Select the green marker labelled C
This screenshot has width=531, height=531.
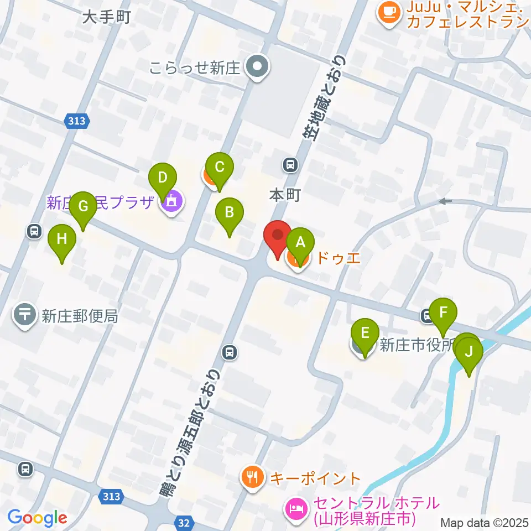(x=220, y=166)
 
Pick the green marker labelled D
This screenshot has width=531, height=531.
(x=162, y=179)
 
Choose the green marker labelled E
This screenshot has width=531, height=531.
(x=365, y=334)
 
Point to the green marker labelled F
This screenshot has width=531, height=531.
(x=442, y=313)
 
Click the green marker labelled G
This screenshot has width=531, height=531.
(x=84, y=207)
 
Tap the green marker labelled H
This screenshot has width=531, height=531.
(x=62, y=240)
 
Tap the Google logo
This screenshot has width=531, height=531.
(x=37, y=518)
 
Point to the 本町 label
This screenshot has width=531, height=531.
(x=285, y=195)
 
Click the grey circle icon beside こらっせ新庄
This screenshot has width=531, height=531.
(x=257, y=67)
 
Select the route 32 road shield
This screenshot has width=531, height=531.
(x=185, y=522)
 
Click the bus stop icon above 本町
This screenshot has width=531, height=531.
(x=290, y=164)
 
